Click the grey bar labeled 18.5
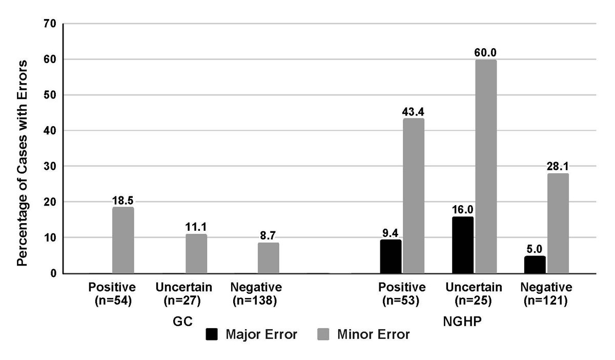(x=123, y=241)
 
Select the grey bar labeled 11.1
(x=196, y=254)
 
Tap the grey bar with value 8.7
(x=269, y=258)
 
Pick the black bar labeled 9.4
(x=391, y=256)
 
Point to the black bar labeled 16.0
(x=463, y=245)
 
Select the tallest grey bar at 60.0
(x=486, y=167)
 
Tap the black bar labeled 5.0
(x=535, y=265)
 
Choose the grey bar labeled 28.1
(x=558, y=224)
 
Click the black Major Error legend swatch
(x=212, y=335)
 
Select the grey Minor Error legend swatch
(x=324, y=335)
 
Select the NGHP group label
(x=454, y=322)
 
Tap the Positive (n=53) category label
(x=402, y=294)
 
